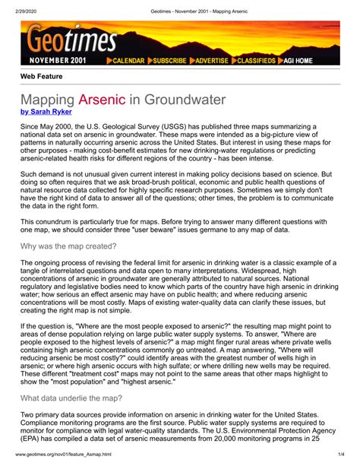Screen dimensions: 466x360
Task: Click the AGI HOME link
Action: click(314, 60)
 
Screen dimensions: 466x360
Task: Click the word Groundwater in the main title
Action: click(188, 100)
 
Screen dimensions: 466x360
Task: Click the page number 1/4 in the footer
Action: click(336, 455)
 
